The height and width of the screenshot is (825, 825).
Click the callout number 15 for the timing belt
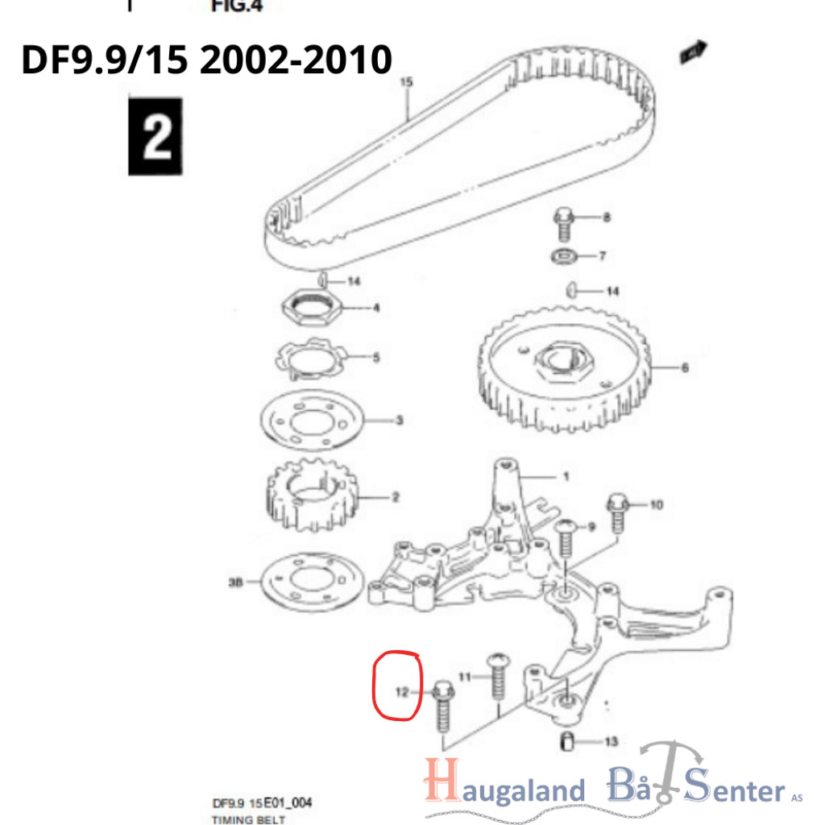click(406, 82)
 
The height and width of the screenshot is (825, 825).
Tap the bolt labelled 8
click(564, 224)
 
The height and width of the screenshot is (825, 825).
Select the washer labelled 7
click(563, 256)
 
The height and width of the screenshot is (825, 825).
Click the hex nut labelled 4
click(311, 308)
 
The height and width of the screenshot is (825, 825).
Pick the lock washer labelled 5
click(311, 359)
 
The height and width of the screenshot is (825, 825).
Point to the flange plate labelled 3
click(312, 421)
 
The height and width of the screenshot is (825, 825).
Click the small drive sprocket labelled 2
click(312, 495)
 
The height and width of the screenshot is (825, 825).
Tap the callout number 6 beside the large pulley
click(685, 367)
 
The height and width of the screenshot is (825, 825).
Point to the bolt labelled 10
click(618, 512)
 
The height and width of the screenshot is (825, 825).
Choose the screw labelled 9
click(566, 537)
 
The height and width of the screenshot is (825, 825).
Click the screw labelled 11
click(498, 677)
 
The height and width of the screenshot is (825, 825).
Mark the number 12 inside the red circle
click(402, 692)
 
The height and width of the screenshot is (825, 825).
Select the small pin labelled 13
click(566, 741)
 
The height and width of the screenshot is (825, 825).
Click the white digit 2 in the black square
click(156, 136)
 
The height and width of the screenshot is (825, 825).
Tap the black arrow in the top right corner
click(694, 52)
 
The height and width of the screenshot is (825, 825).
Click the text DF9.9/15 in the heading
click(104, 59)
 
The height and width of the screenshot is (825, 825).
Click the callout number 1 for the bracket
click(566, 477)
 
